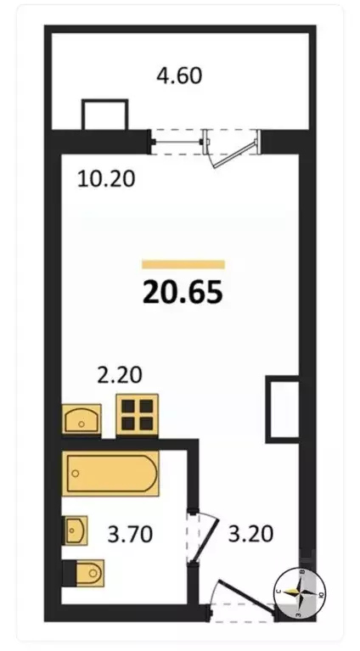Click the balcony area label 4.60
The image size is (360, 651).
pyautogui.click(x=179, y=76)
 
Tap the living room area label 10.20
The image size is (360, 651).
pyautogui.click(x=106, y=179)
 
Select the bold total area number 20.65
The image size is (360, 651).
pyautogui.click(x=183, y=292)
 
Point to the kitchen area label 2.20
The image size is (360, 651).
pyautogui.click(x=119, y=375)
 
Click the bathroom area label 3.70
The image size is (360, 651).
pyautogui.click(x=130, y=534)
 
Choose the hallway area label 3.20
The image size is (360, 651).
pyautogui.click(x=250, y=534)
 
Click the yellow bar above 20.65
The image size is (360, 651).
pyautogui.click(x=183, y=265)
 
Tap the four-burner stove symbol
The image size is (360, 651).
pyautogui.click(x=138, y=414)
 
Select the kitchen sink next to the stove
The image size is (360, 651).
pyautogui.click(x=82, y=419)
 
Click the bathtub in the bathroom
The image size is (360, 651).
pyautogui.click(x=110, y=474)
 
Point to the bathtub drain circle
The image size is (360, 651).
pyautogui.click(x=76, y=474)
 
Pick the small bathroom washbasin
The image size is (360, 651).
pyautogui.click(x=76, y=530)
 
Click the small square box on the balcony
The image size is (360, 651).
pyautogui.click(x=104, y=115)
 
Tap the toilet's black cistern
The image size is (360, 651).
pyautogui.click(x=70, y=573)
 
